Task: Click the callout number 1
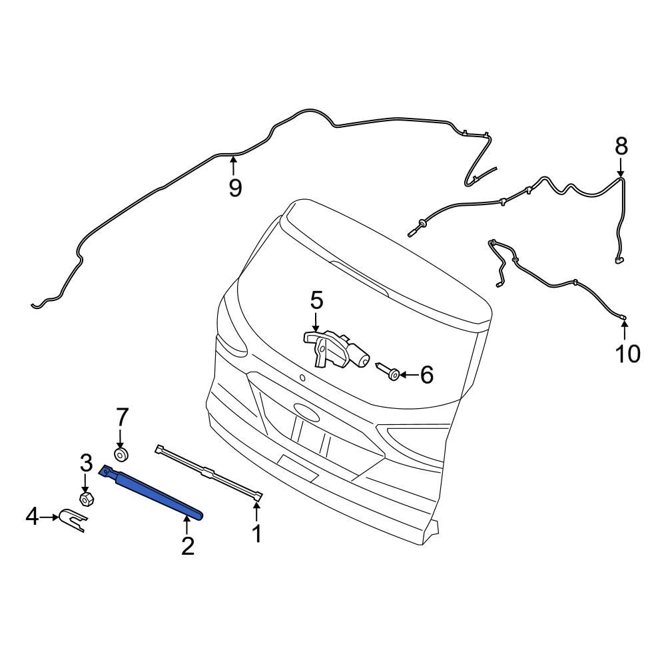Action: coord(256,533)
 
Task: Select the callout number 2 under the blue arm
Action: coord(188,545)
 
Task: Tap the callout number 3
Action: coord(86,462)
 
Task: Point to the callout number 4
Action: coord(33,515)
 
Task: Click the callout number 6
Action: coord(426,375)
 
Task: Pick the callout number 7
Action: coord(121,418)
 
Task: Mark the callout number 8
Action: coord(621,146)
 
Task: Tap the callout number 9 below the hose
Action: coord(234,188)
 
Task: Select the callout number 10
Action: coord(626,354)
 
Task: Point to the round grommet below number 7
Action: coord(121,455)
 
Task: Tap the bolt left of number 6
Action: coord(388,371)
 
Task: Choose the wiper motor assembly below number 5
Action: coord(336,348)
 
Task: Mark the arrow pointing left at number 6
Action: coord(408,376)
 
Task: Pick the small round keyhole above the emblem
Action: coord(302,378)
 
